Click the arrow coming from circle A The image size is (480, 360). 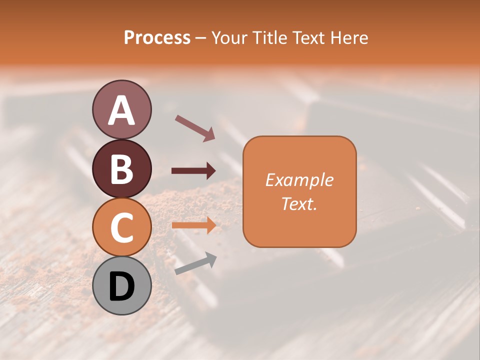(194, 127)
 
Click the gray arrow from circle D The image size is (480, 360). (195, 264)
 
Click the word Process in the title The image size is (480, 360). (157, 37)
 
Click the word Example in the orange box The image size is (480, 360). (299, 180)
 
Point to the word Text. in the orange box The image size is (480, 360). (299, 203)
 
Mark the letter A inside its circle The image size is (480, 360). (121, 110)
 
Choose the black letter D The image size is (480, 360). (121, 286)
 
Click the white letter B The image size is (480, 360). (121, 169)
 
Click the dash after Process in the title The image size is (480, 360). (201, 38)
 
